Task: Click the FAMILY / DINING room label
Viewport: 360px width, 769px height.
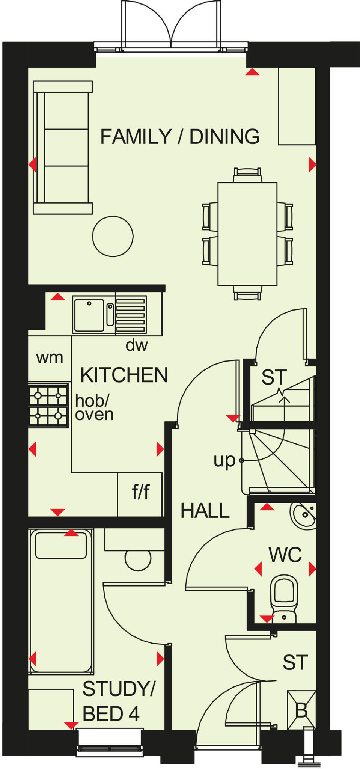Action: click(180, 137)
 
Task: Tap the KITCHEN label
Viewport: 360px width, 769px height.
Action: click(124, 375)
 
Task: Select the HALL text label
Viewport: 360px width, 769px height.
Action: click(205, 511)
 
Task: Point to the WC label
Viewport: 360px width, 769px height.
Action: click(285, 555)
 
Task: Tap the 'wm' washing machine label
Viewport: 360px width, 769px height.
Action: click(50, 358)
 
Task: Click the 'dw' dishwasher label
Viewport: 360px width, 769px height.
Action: click(137, 345)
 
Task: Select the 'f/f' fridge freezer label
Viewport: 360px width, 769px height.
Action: click(141, 492)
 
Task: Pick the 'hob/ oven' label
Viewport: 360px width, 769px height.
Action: click(94, 408)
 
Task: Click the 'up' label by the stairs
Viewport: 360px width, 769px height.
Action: click(224, 461)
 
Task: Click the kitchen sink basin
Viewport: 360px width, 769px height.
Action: click(89, 315)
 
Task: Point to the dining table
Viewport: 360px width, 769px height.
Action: click(247, 234)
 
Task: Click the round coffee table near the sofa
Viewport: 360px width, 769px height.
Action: click(113, 237)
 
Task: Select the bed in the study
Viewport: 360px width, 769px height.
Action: click(61, 601)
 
